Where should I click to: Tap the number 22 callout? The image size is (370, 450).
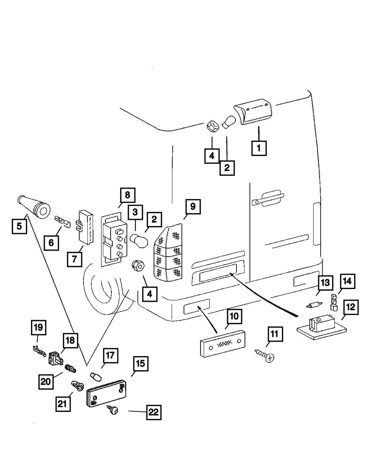154,412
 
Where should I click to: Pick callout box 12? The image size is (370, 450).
350,308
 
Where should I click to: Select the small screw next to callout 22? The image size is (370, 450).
113,410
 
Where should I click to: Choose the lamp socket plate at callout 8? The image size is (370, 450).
112,239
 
